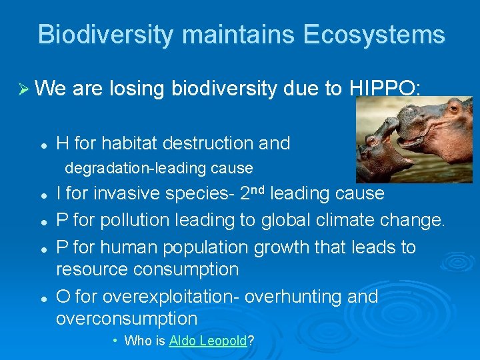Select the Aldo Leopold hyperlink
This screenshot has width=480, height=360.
(x=208, y=341)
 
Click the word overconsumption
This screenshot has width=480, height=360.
(x=127, y=319)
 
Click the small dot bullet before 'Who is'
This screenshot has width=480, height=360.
(x=115, y=341)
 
